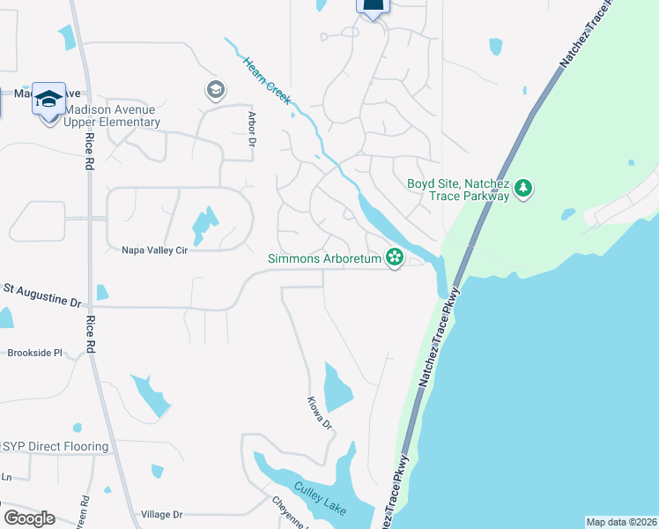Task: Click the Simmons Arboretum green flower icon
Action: [395, 257]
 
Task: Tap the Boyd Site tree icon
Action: [524, 188]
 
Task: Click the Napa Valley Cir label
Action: [155, 250]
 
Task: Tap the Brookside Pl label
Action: [35, 353]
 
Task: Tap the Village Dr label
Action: [161, 514]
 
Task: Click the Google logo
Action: [29, 518]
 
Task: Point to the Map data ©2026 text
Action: [621, 522]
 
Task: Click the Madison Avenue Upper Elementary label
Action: [111, 115]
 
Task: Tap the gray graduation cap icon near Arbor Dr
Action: [215, 89]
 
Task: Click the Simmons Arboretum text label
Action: [324, 258]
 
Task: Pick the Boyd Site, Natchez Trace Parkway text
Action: [458, 190]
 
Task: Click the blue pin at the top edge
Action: [373, 7]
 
